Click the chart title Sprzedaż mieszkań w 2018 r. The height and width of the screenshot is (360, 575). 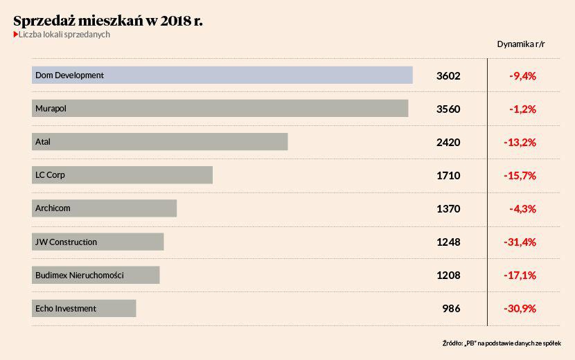pyautogui.click(x=108, y=20)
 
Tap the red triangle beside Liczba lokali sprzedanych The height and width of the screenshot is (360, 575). pyautogui.click(x=16, y=35)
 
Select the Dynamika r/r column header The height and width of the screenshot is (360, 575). pyautogui.click(x=521, y=44)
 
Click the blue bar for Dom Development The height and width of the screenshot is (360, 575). pyautogui.click(x=222, y=75)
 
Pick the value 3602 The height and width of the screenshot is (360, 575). pyautogui.click(x=448, y=75)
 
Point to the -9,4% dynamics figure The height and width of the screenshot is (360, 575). pyautogui.click(x=522, y=75)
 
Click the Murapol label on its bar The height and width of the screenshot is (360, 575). pyautogui.click(x=51, y=109)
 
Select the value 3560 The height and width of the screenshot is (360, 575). pyautogui.click(x=448, y=109)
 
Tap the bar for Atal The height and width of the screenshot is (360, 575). pyautogui.click(x=159, y=142)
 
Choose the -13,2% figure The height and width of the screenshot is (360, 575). pyautogui.click(x=520, y=142)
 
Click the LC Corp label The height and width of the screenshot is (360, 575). pyautogui.click(x=50, y=175)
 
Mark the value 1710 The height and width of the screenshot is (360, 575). pyautogui.click(x=448, y=175)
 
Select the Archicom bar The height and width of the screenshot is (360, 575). pyautogui.click(x=104, y=208)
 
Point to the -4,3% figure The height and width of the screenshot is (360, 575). pyautogui.click(x=522, y=208)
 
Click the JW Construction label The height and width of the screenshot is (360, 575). pyautogui.click(x=66, y=242)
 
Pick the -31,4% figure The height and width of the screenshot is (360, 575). pyautogui.click(x=520, y=242)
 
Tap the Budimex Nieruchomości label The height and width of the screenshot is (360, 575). pyautogui.click(x=80, y=275)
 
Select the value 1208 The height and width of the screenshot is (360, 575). pyautogui.click(x=448, y=275)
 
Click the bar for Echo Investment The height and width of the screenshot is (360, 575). pyautogui.click(x=83, y=308)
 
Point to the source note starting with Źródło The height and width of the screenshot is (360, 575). pyautogui.click(x=502, y=343)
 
